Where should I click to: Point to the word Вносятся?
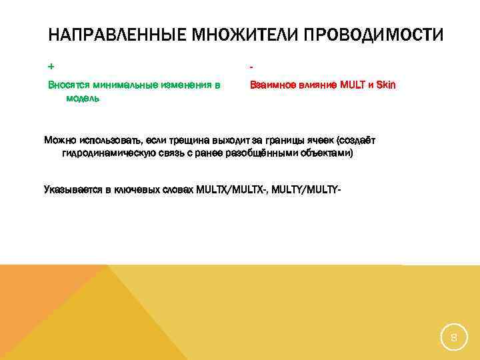pos(69,85)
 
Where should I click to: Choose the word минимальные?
pos(128,85)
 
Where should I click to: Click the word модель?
pos(83,98)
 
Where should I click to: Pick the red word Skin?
pos(386,85)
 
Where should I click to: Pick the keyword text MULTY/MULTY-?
pos(306,190)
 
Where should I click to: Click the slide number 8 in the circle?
pos(453,338)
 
